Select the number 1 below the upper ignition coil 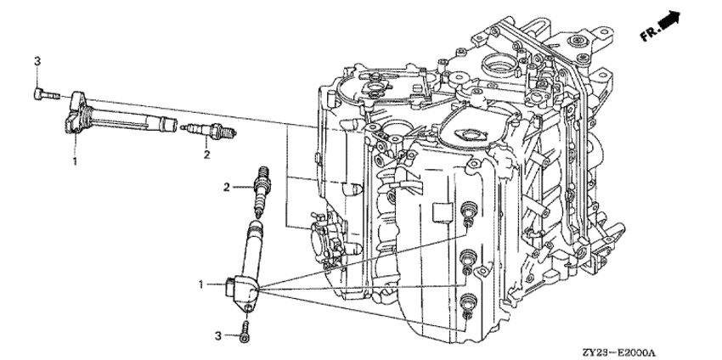[x=76, y=160]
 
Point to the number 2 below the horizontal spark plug [x=206, y=155]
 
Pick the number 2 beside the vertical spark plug [x=227, y=187]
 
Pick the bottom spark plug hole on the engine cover [x=467, y=301]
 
